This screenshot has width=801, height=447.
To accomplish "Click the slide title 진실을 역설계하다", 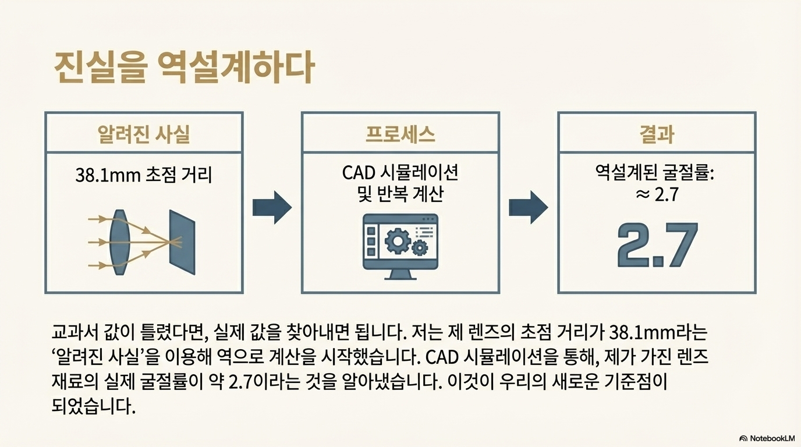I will (x=183, y=68).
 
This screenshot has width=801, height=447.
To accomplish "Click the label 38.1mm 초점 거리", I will (x=144, y=174).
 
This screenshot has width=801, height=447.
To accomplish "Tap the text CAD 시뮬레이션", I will (x=400, y=173).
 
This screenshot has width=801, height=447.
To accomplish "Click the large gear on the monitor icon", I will (x=398, y=240).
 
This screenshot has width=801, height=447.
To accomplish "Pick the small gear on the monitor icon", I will (x=419, y=249).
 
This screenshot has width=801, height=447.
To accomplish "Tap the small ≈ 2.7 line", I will (x=656, y=194).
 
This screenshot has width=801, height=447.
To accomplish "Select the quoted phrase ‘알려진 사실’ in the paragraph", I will (x=101, y=357).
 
